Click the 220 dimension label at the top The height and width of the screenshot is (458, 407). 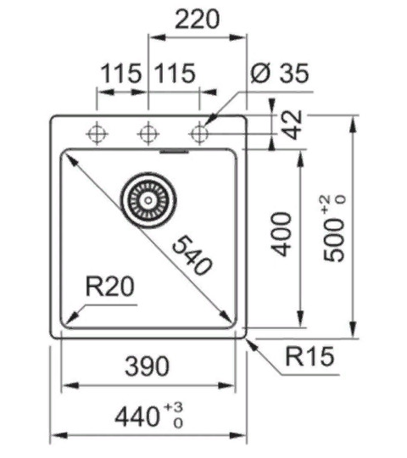coord(197,20)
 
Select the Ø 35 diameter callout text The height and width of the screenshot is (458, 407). coord(280,73)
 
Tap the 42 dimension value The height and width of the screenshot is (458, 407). coord(293,125)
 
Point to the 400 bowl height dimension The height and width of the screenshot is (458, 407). coord(282,234)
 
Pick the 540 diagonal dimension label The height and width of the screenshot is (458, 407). coord(192,256)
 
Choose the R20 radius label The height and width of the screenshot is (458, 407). coord(109,287)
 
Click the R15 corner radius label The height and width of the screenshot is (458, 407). coord(309,356)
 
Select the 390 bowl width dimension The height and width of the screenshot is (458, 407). coord(147,366)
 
